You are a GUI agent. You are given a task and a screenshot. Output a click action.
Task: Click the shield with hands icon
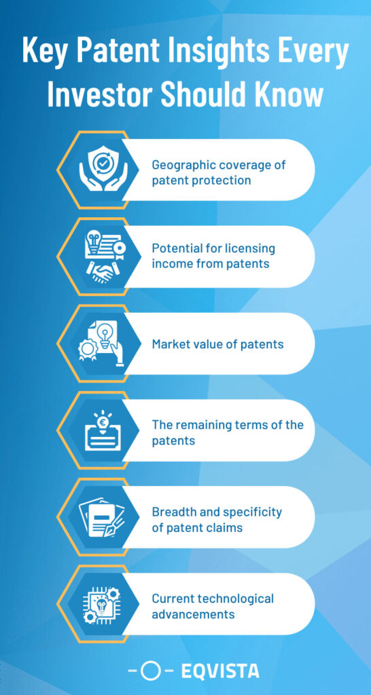[103, 170]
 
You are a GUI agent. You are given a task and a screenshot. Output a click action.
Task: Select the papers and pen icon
[102, 516]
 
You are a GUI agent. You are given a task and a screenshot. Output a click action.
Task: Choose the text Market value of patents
[218, 344]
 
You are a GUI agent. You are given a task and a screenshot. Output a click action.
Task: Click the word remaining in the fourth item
[200, 425]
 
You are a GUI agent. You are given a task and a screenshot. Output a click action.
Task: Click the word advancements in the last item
[193, 614]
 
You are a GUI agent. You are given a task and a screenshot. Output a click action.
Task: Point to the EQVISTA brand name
[220, 671]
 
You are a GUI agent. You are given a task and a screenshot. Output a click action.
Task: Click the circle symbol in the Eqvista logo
[150, 671]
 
